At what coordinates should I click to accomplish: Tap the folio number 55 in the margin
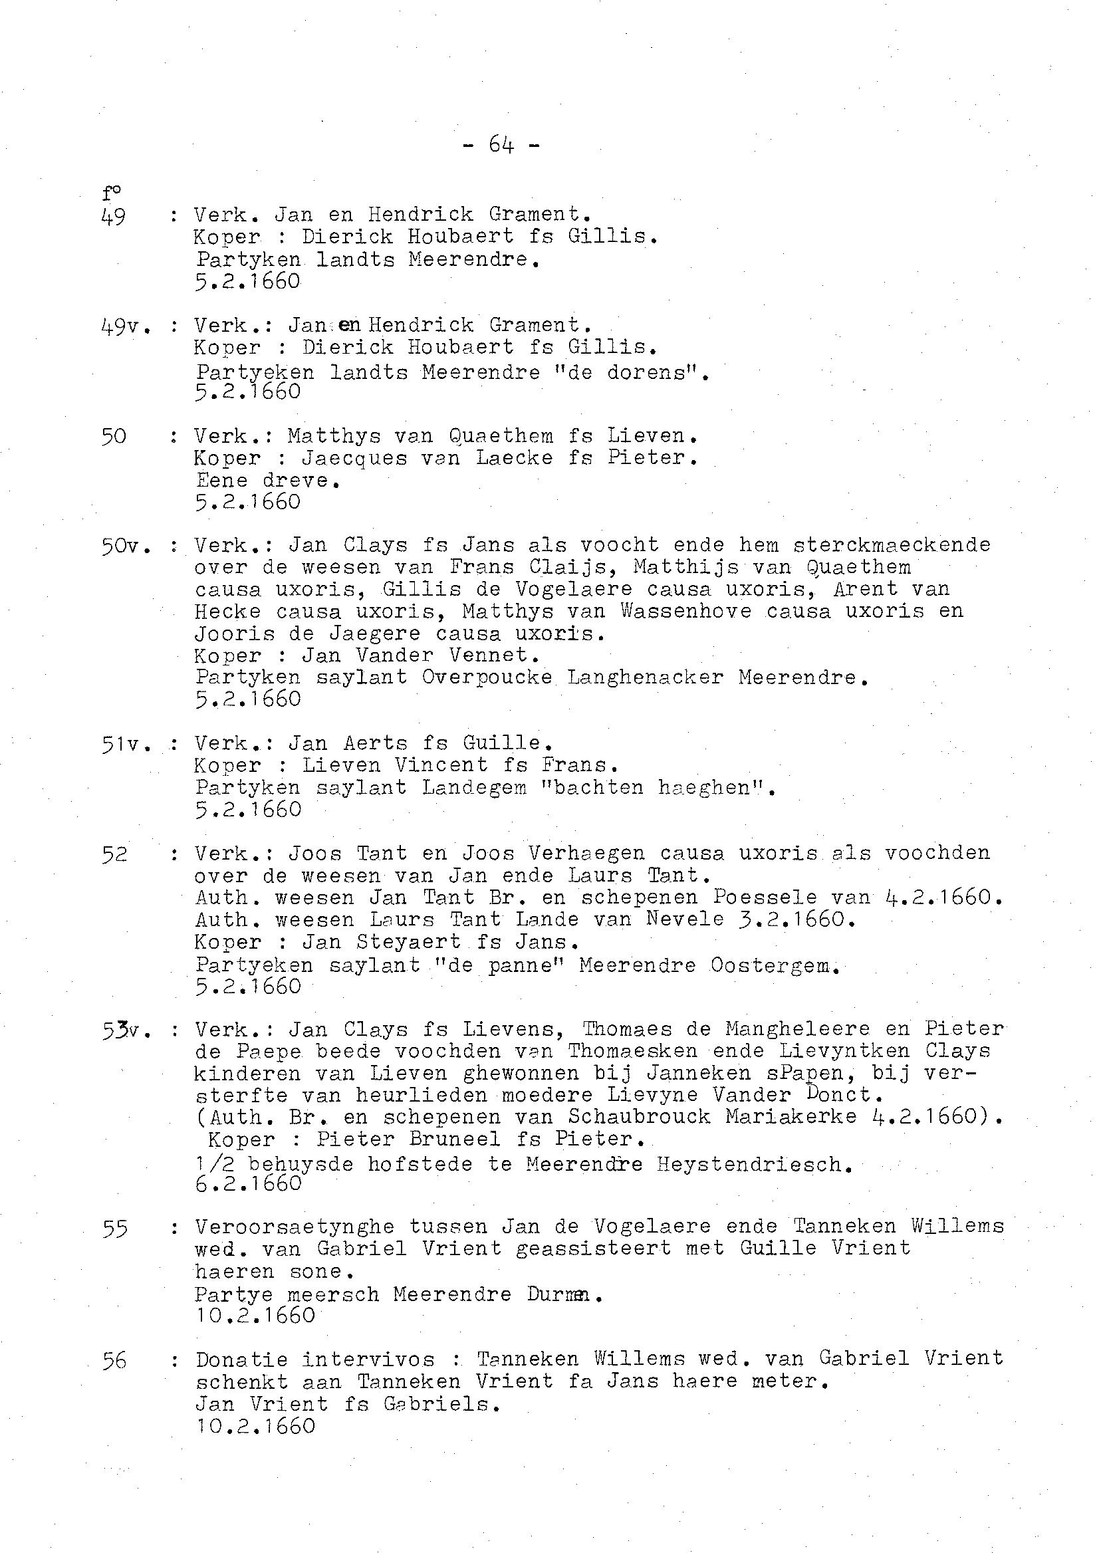[115, 1228]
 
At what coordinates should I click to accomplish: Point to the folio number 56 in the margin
[115, 1360]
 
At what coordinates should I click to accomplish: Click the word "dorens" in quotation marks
[647, 372]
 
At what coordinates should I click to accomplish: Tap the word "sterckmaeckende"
[892, 545]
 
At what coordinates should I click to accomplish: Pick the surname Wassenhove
[685, 612]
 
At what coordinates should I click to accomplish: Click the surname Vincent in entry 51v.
[441, 765]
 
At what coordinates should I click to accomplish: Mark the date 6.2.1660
[247, 1183]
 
